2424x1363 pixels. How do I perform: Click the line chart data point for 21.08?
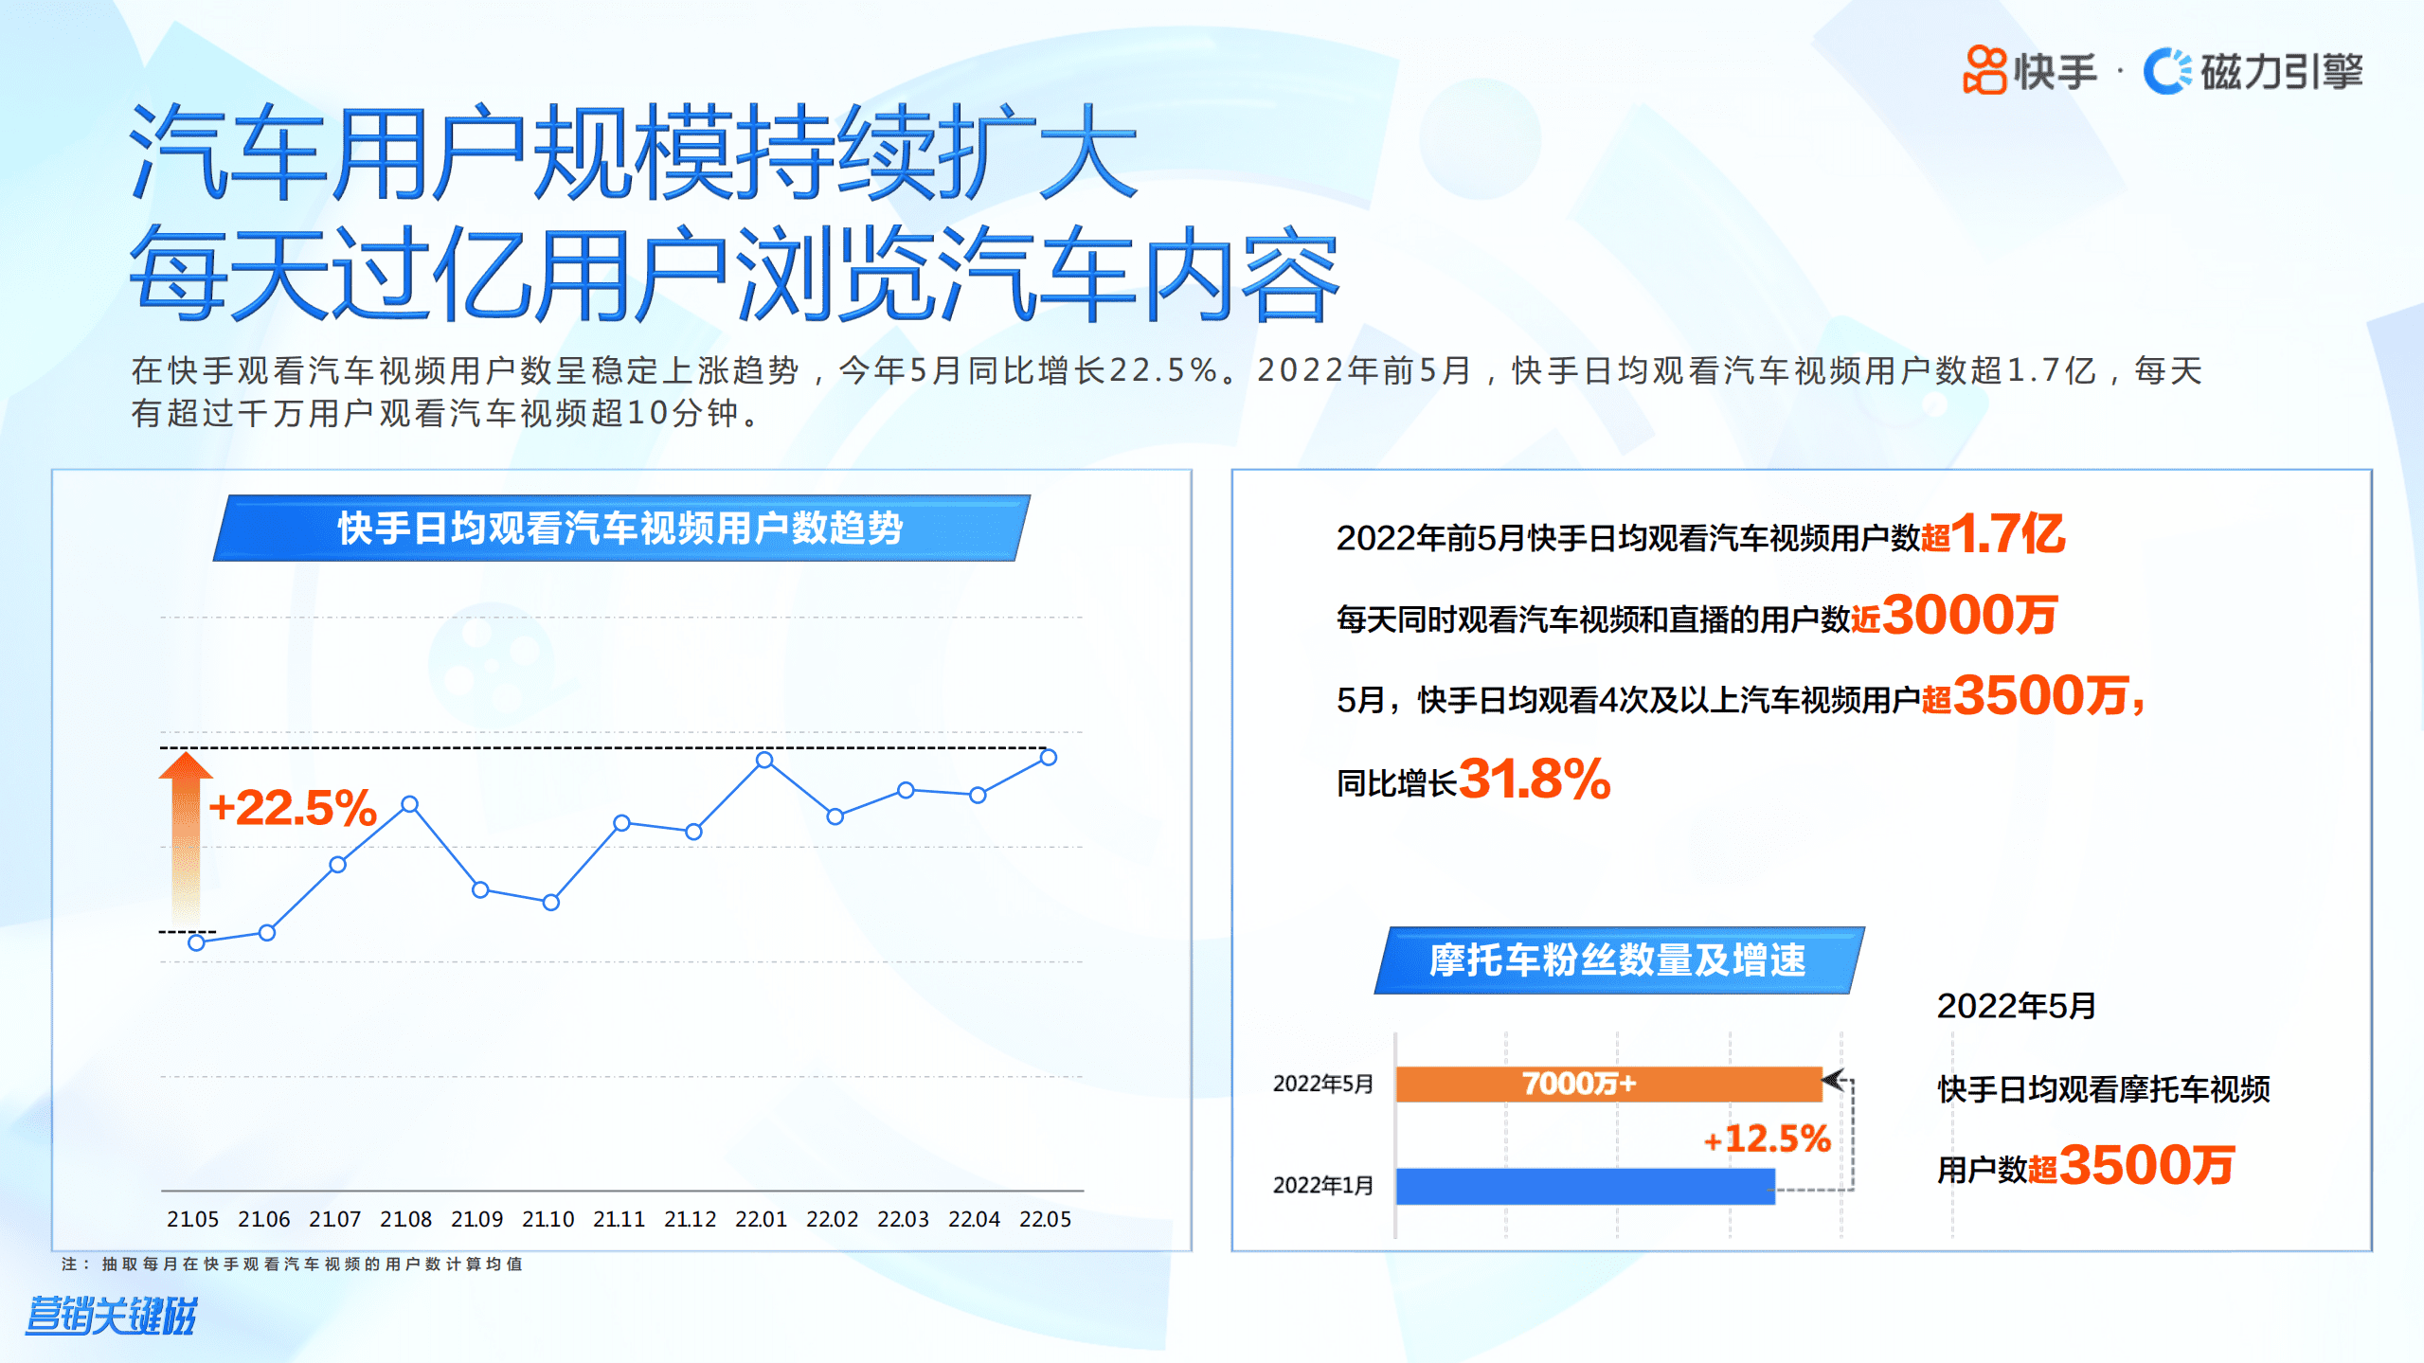coord(409,804)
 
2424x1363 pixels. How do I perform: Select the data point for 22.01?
coord(764,760)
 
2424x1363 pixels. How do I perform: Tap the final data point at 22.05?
coord(1048,757)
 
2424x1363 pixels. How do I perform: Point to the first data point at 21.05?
coord(196,942)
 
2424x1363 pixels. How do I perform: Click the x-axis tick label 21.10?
coord(548,1219)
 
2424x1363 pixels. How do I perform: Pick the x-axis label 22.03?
coord(903,1219)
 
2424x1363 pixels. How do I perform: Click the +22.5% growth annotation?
coord(292,808)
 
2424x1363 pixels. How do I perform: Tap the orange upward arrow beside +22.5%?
coord(186,834)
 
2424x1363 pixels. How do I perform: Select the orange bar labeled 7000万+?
coord(1607,1084)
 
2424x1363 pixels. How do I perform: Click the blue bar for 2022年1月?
coord(1585,1186)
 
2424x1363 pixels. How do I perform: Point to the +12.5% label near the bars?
coord(1766,1139)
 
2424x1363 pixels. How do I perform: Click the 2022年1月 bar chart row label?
coord(1322,1186)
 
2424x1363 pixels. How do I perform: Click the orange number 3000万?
coord(1969,616)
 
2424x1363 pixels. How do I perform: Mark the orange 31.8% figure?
coord(1535,780)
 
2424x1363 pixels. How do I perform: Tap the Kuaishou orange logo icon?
coord(1984,70)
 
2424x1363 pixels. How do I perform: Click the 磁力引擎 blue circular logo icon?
coord(2166,71)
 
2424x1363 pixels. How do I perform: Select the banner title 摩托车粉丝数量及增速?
coord(1618,959)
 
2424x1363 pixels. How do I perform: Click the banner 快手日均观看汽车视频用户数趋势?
coord(620,528)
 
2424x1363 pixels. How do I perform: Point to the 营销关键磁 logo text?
coord(111,1316)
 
